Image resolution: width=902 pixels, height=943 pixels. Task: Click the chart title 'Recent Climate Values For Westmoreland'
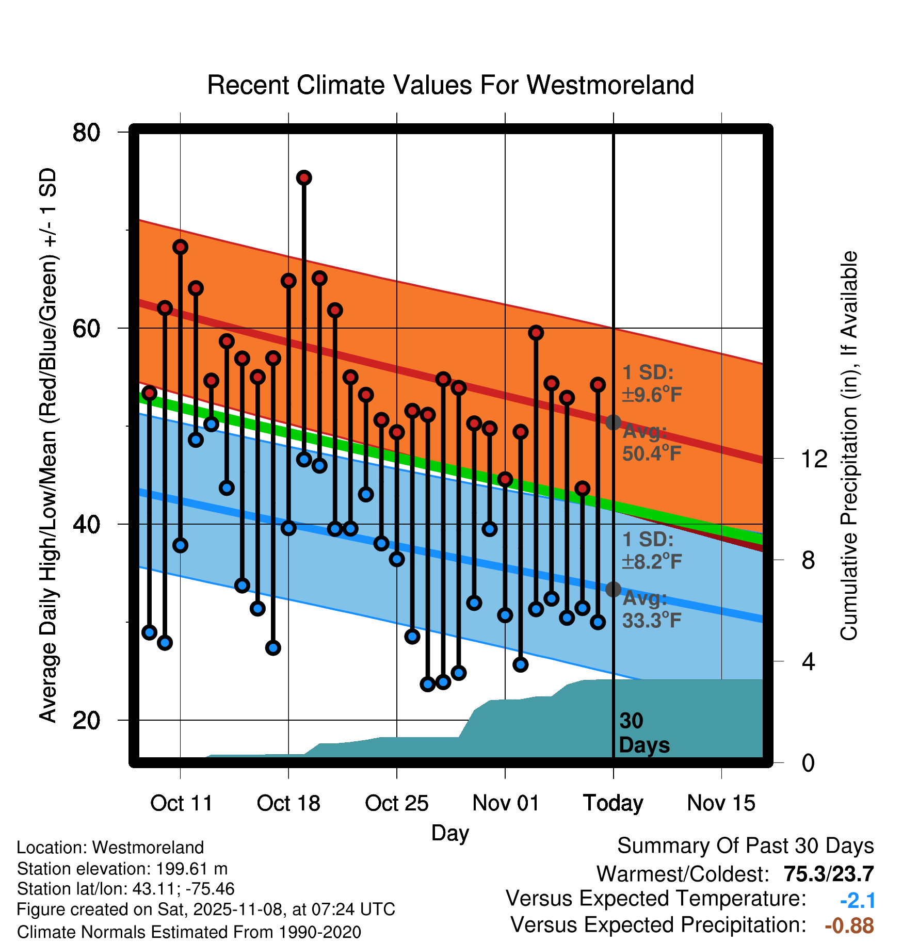coord(450,85)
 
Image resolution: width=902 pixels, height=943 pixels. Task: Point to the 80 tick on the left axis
coord(86,133)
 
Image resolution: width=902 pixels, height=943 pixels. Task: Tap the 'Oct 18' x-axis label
coord(288,803)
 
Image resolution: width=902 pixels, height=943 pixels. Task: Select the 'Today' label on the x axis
coord(613,803)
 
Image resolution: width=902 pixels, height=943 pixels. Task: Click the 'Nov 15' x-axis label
coord(721,803)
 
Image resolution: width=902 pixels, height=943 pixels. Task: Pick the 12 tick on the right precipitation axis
coord(814,459)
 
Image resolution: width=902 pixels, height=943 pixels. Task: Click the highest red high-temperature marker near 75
coord(304,178)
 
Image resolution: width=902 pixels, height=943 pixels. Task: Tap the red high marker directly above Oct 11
coord(180,247)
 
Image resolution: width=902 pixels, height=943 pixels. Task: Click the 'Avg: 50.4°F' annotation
coord(651,443)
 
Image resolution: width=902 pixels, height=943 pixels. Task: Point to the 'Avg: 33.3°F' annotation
coord(651,609)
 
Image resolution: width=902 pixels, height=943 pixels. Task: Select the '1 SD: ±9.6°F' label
coord(651,384)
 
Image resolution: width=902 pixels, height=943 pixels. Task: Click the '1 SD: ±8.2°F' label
coord(651,550)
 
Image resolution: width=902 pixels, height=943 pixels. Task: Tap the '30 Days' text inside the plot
coord(643,733)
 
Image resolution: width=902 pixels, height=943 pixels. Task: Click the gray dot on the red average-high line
coord(613,422)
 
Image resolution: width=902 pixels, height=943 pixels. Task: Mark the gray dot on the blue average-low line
coord(613,589)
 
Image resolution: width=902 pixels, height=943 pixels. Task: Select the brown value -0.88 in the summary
coord(849,925)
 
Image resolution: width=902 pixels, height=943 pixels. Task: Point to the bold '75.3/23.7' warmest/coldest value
coord(828,874)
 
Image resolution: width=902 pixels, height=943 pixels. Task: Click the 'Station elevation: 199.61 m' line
coord(122,869)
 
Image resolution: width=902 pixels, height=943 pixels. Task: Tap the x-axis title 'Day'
coord(450,833)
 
